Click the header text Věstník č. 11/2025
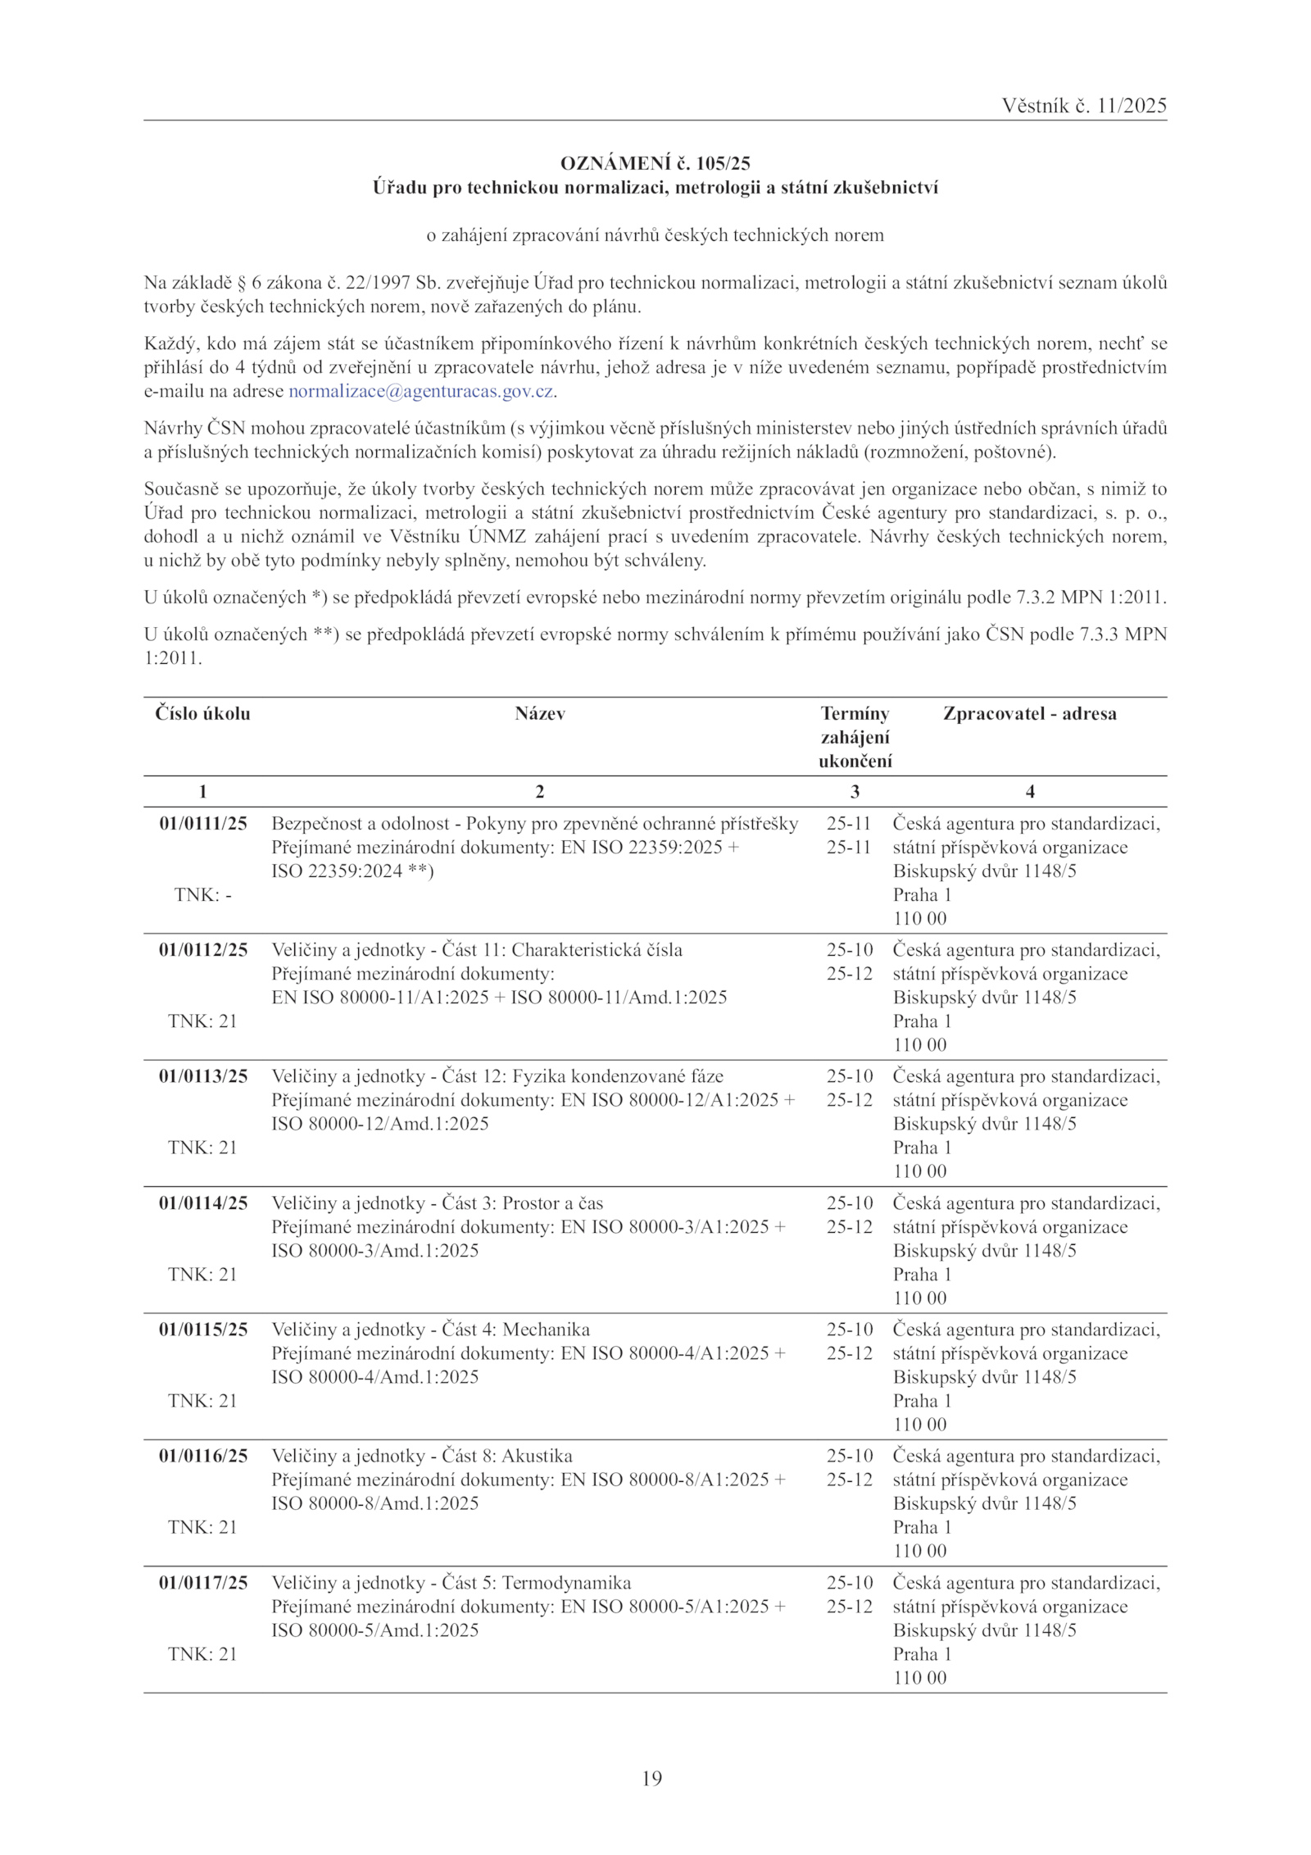point(1083,106)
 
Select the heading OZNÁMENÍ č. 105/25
point(655,163)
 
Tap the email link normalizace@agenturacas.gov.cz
point(421,391)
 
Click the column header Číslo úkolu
point(202,713)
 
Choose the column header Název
point(539,713)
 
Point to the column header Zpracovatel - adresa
point(1029,713)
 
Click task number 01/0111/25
point(202,823)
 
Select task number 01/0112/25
point(202,950)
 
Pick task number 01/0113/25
point(202,1076)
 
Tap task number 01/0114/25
point(202,1203)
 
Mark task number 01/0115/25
point(202,1330)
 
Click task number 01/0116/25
point(202,1456)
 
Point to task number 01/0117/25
point(202,1583)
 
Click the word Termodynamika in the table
point(566,1583)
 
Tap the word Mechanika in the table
point(546,1330)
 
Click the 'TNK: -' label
point(202,895)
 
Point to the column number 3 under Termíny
point(855,791)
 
